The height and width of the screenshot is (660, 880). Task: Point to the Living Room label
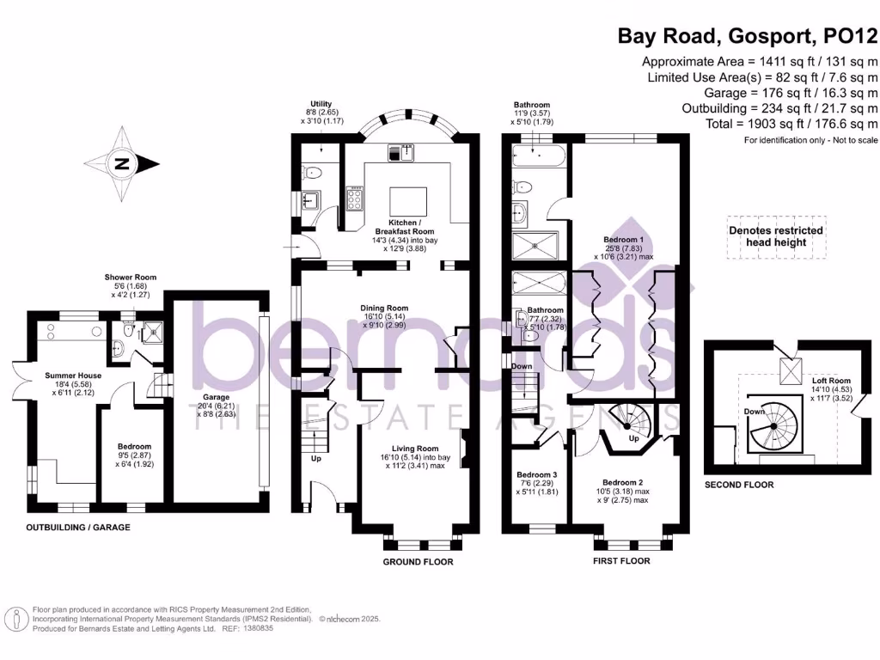[415, 448]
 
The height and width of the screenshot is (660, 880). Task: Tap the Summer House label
[73, 376]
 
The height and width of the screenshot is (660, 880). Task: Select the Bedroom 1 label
[624, 239]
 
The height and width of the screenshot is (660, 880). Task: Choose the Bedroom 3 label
[537, 474]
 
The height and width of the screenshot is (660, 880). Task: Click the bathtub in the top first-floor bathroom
[536, 158]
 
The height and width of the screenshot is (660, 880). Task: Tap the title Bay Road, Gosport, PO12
[748, 36]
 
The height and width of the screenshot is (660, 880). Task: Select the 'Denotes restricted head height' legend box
[775, 236]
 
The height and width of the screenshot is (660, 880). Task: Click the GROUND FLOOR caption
[419, 561]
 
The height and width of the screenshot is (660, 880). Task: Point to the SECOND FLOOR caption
[738, 486]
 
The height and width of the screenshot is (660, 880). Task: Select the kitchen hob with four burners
[353, 199]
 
